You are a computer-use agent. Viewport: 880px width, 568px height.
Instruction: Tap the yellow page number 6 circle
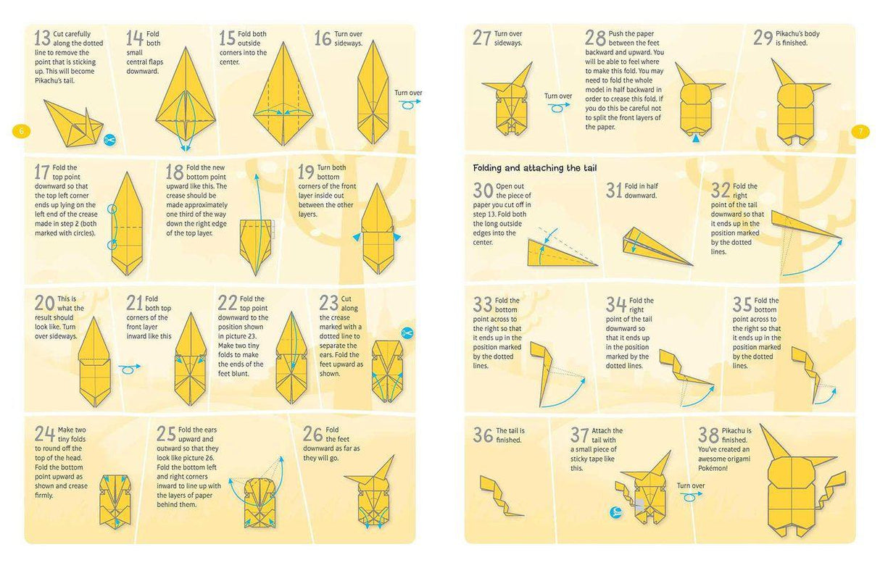(21, 131)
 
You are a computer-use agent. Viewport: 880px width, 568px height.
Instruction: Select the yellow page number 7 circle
(860, 131)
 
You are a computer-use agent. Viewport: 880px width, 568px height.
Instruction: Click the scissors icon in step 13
(109, 139)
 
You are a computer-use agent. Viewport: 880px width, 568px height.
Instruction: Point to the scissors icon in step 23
(407, 333)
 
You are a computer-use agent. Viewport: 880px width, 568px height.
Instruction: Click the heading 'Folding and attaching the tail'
(535, 168)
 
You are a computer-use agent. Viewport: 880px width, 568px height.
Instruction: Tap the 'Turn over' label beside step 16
(408, 93)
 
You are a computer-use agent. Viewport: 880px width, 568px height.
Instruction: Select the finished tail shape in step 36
(501, 496)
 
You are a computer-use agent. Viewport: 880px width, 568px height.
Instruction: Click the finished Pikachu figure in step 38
(802, 485)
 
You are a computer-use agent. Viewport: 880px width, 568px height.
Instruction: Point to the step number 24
(43, 433)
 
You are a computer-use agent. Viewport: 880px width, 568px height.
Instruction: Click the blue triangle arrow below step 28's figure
(697, 136)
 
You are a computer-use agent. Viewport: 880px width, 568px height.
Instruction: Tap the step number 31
(614, 190)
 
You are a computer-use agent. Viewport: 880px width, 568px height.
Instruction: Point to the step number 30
(483, 191)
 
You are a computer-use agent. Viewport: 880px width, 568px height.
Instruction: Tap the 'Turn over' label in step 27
(558, 96)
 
